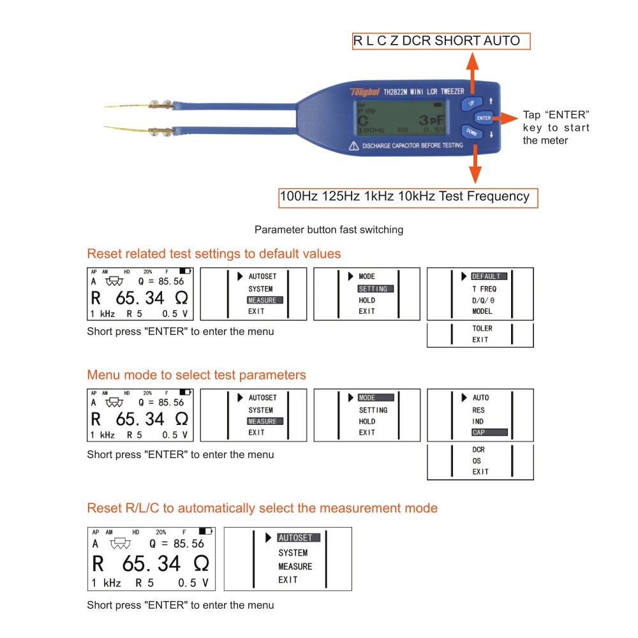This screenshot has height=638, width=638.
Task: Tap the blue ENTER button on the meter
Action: (x=484, y=118)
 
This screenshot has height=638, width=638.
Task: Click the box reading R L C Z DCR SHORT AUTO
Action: (x=441, y=41)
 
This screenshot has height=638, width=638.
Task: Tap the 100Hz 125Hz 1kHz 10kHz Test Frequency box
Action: (x=408, y=197)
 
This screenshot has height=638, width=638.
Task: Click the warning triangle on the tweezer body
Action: (x=353, y=145)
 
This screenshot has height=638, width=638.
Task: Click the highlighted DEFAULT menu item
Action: (x=489, y=277)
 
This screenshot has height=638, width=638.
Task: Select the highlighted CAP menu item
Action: (x=489, y=433)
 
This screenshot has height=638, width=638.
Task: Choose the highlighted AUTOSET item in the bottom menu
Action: (x=299, y=538)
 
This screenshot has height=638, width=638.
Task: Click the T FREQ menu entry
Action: (x=484, y=289)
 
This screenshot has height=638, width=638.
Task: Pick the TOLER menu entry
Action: (x=482, y=329)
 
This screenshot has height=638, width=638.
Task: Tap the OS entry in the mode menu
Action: (x=477, y=461)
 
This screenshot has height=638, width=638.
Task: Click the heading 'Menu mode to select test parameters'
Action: (x=197, y=375)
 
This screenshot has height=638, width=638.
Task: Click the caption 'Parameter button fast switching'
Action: (x=329, y=230)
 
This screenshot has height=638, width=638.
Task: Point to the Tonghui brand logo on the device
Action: (x=365, y=91)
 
